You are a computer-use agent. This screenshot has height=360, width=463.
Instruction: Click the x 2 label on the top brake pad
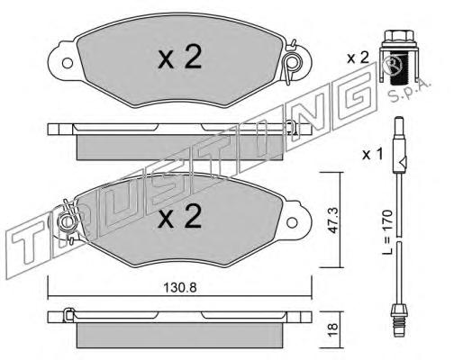(180, 58)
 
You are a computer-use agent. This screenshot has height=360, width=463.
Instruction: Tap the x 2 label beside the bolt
(358, 58)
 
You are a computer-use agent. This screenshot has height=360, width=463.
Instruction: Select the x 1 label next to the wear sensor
(373, 155)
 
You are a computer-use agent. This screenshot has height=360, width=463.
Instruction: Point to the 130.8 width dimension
(180, 288)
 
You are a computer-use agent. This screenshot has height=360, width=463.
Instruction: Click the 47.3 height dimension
(333, 220)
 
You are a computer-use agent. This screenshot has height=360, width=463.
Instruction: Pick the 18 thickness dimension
(333, 330)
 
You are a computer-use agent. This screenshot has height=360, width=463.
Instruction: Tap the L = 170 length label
(387, 232)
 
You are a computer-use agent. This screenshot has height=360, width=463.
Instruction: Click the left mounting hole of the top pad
(68, 63)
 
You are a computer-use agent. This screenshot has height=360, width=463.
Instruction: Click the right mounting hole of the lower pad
(292, 222)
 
